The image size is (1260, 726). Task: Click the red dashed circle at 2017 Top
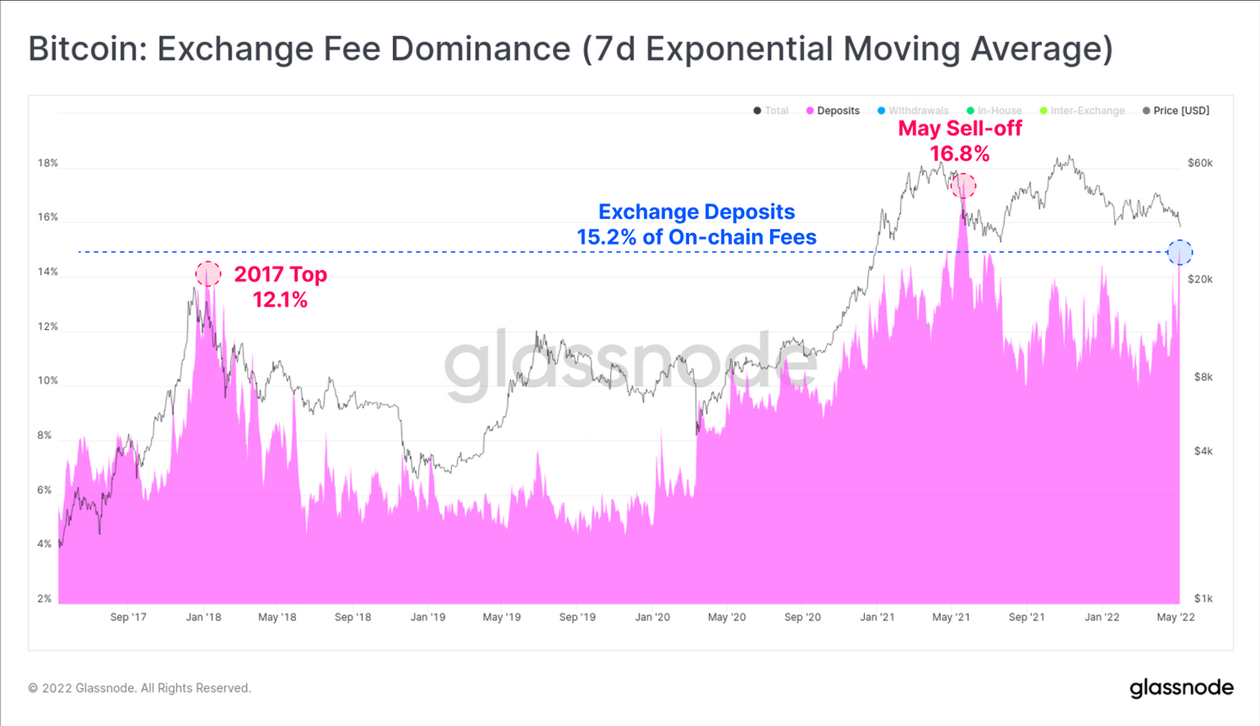[x=208, y=274]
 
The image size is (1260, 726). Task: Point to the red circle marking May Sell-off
[x=963, y=186]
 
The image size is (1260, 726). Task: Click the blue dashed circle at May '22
[x=1180, y=253]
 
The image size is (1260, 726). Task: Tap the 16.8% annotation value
[x=959, y=153]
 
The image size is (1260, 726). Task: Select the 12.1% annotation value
[x=280, y=300]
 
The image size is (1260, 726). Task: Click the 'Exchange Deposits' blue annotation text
[x=696, y=212]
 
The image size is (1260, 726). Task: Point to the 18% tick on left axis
[x=48, y=163]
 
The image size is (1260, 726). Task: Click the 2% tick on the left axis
[x=44, y=599]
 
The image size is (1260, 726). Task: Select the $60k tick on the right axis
[x=1199, y=163]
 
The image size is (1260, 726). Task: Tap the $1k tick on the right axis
[x=1203, y=599]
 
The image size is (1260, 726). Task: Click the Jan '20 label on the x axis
[x=652, y=617]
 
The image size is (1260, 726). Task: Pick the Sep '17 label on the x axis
[x=128, y=617]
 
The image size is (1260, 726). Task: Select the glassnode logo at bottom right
[x=1181, y=687]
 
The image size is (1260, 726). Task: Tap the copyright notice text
[x=139, y=688]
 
